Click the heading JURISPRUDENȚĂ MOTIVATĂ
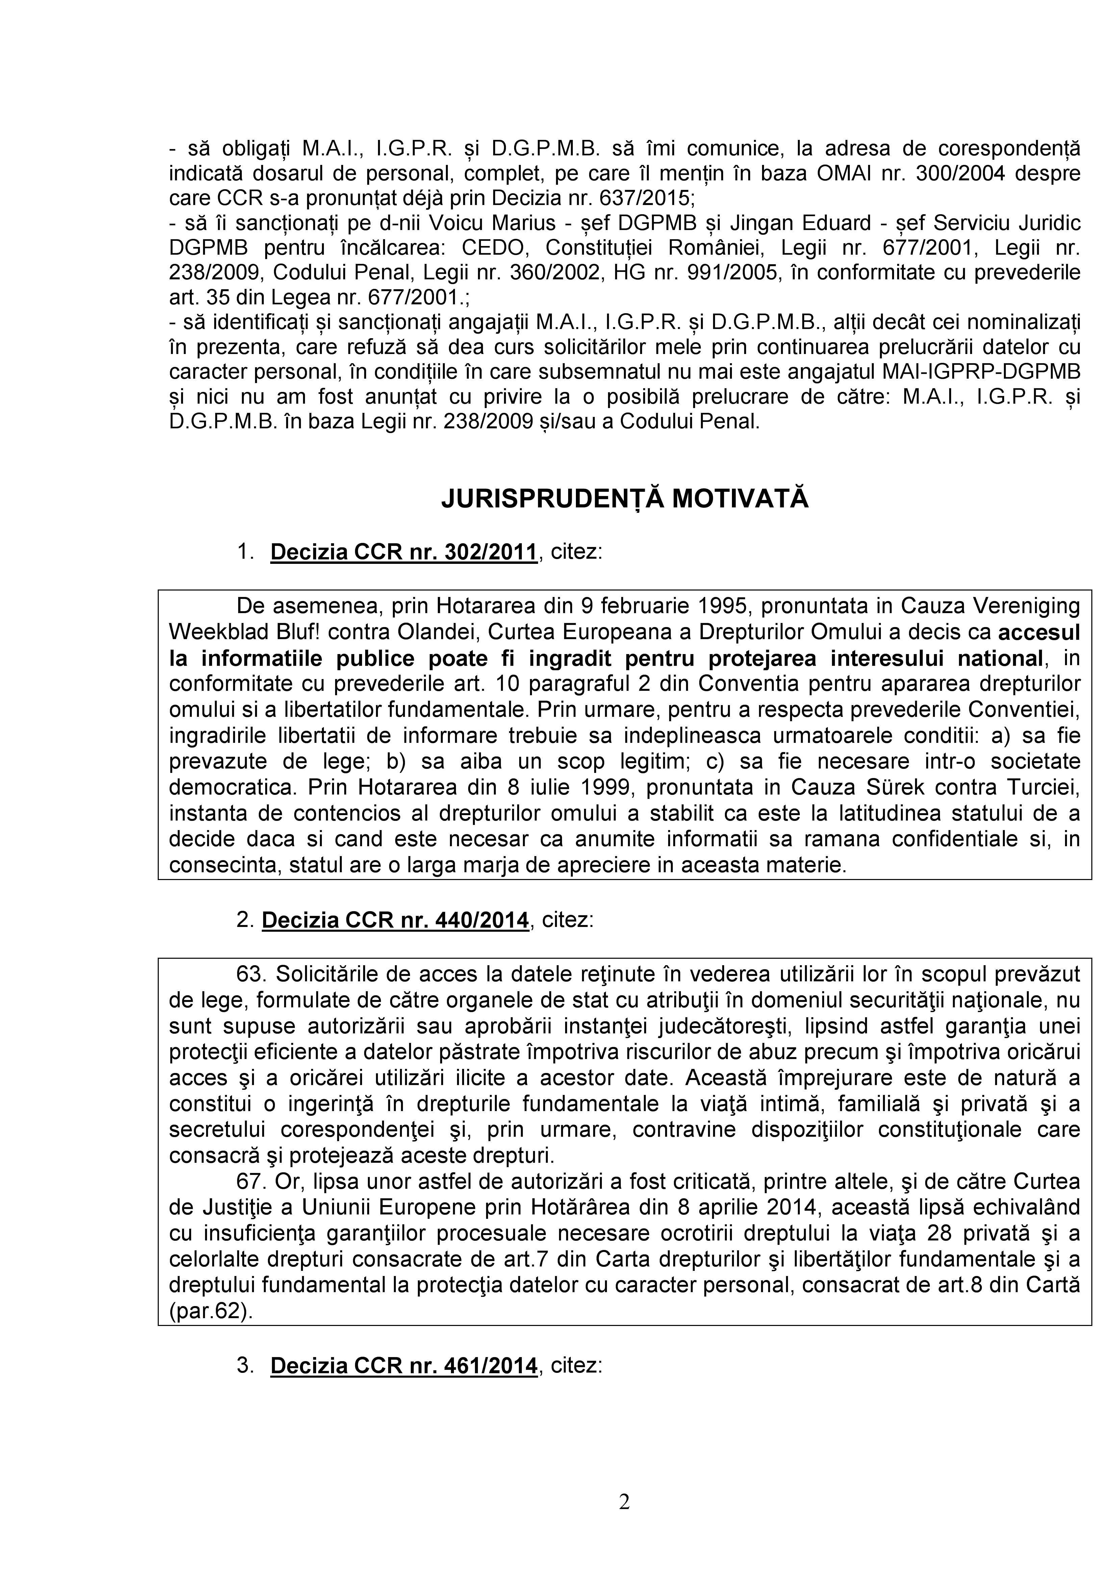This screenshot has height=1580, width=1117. pyautogui.click(x=625, y=499)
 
